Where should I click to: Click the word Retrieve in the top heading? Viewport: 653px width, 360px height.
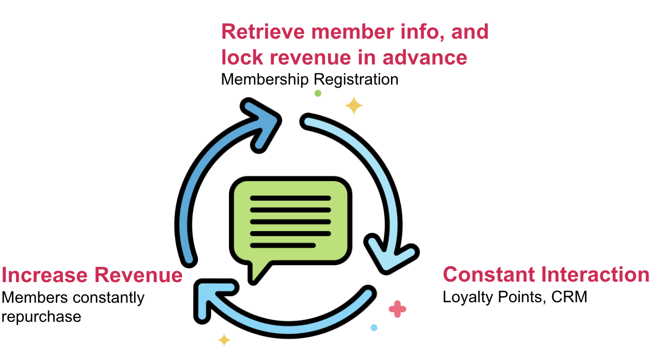(x=264, y=31)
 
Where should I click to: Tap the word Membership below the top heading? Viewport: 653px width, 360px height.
(x=265, y=79)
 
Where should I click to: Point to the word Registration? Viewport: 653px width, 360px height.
(x=356, y=79)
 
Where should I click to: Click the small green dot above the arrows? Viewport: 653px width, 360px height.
(x=318, y=93)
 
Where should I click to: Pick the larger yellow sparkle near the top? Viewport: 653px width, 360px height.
(x=354, y=105)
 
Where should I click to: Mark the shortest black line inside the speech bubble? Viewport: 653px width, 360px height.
(x=283, y=246)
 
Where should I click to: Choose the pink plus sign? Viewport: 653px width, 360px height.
(x=397, y=309)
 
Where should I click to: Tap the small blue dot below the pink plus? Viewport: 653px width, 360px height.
(x=374, y=328)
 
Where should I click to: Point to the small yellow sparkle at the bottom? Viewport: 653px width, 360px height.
(x=224, y=340)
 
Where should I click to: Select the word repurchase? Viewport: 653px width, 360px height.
(x=41, y=317)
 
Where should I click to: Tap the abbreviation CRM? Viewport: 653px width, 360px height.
(x=569, y=297)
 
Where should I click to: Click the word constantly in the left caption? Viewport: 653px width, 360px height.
(x=108, y=298)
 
